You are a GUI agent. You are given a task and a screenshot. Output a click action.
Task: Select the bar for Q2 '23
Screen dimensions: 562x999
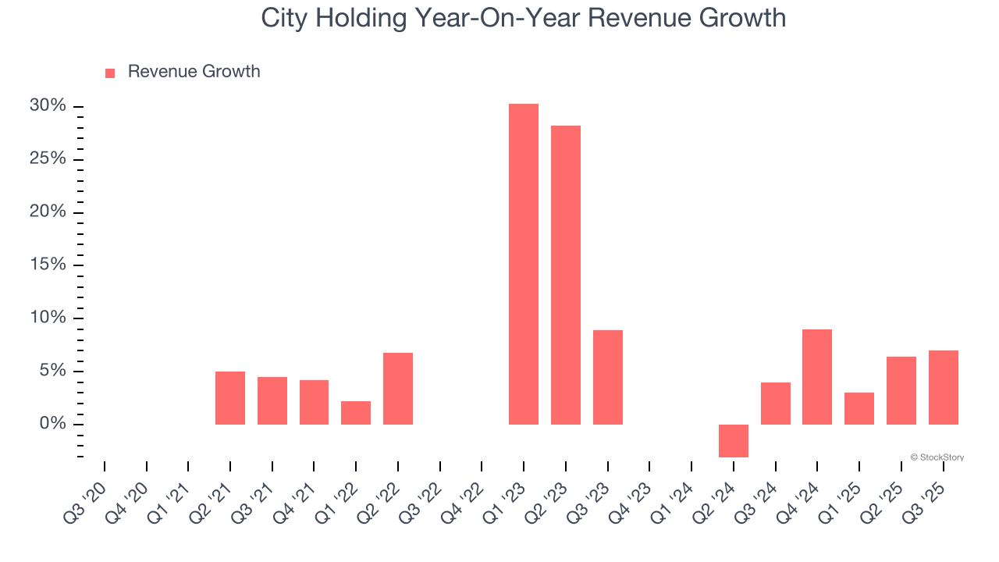pyautogui.click(x=565, y=275)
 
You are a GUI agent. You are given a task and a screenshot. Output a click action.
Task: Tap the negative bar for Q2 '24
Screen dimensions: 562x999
pyautogui.click(x=733, y=440)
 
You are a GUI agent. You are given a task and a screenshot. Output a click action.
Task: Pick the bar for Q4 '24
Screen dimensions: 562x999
pyautogui.click(x=817, y=377)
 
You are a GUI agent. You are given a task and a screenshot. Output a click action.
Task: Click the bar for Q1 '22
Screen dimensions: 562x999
pyautogui.click(x=356, y=413)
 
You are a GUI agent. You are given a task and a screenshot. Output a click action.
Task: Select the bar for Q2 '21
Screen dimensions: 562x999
pyautogui.click(x=230, y=398)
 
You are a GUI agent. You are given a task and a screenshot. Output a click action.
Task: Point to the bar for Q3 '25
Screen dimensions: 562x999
pyautogui.click(x=943, y=387)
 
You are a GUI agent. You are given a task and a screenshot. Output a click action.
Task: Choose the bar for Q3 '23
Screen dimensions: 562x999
pyautogui.click(x=607, y=377)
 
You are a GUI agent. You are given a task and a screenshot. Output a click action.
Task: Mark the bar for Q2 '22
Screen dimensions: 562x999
pyautogui.click(x=398, y=389)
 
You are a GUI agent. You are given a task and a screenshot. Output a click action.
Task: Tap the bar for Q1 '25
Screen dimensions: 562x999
pyautogui.click(x=859, y=408)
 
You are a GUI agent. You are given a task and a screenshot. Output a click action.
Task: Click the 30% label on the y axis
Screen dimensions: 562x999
pyautogui.click(x=48, y=105)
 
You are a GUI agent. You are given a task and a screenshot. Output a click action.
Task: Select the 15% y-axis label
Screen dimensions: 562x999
pyautogui.click(x=48, y=265)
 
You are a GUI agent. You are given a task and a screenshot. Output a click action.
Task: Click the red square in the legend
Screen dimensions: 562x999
pyautogui.click(x=110, y=73)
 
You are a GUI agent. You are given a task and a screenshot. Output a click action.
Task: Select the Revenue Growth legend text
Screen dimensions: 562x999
pyautogui.click(x=194, y=72)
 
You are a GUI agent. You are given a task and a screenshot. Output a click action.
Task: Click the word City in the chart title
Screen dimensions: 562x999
pyautogui.click(x=279, y=18)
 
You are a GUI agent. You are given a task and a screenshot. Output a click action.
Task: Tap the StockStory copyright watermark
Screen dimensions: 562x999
pyautogui.click(x=937, y=457)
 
